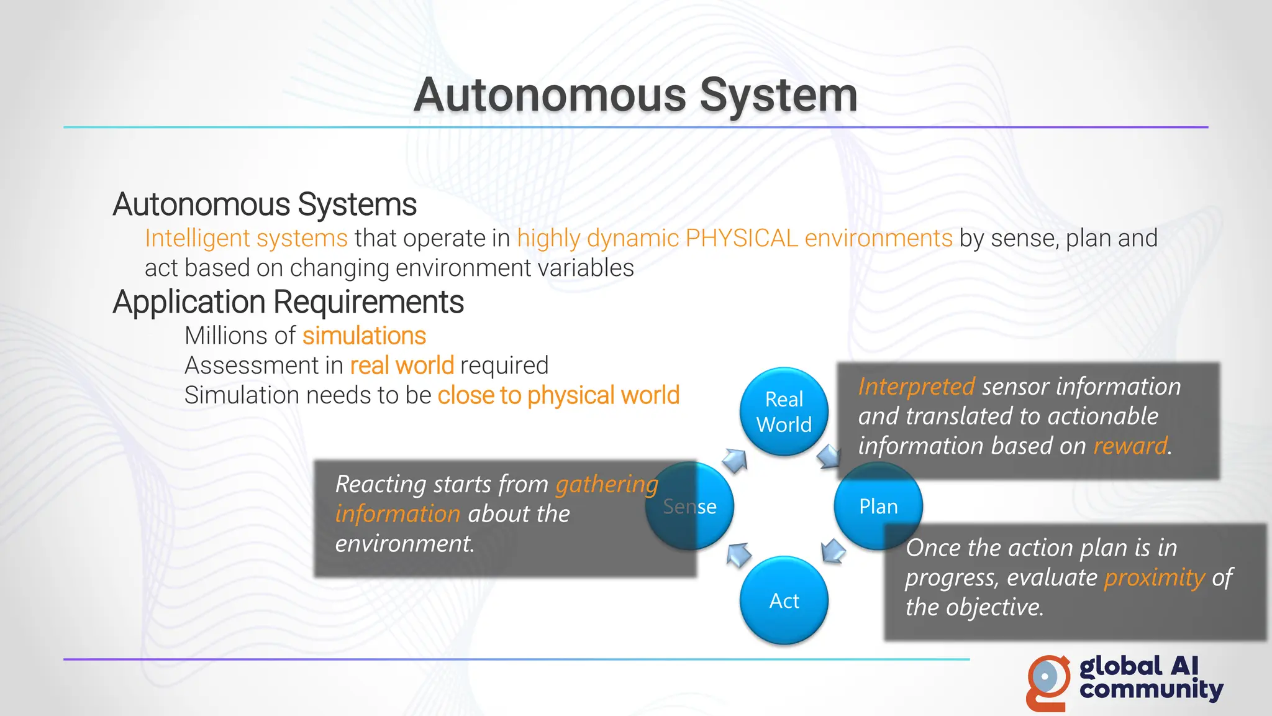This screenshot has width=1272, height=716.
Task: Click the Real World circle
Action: [x=784, y=411]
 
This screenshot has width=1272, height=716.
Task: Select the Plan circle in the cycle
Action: [x=878, y=506]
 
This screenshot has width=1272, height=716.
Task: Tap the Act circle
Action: [x=784, y=600]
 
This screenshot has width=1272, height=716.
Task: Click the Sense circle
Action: [x=690, y=507]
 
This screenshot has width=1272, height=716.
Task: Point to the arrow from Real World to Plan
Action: [x=829, y=457]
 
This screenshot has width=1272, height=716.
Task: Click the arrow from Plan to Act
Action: [x=833, y=551]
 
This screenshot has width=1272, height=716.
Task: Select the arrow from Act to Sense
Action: [x=738, y=554]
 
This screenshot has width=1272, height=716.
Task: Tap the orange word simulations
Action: [x=364, y=336]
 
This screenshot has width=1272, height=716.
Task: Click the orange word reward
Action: [x=1130, y=446]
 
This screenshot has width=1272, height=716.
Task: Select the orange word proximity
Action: [x=1154, y=577]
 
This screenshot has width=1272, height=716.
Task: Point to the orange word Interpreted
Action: [x=916, y=387]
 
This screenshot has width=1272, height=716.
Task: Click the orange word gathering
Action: [x=606, y=484]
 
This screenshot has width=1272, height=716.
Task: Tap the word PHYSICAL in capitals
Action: [x=742, y=238]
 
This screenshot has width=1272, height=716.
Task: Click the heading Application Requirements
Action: [x=288, y=302]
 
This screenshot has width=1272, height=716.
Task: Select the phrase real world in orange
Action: [x=402, y=365]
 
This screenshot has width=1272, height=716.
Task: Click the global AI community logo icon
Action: [x=1048, y=682]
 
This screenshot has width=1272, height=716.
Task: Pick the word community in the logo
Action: [x=1151, y=690]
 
